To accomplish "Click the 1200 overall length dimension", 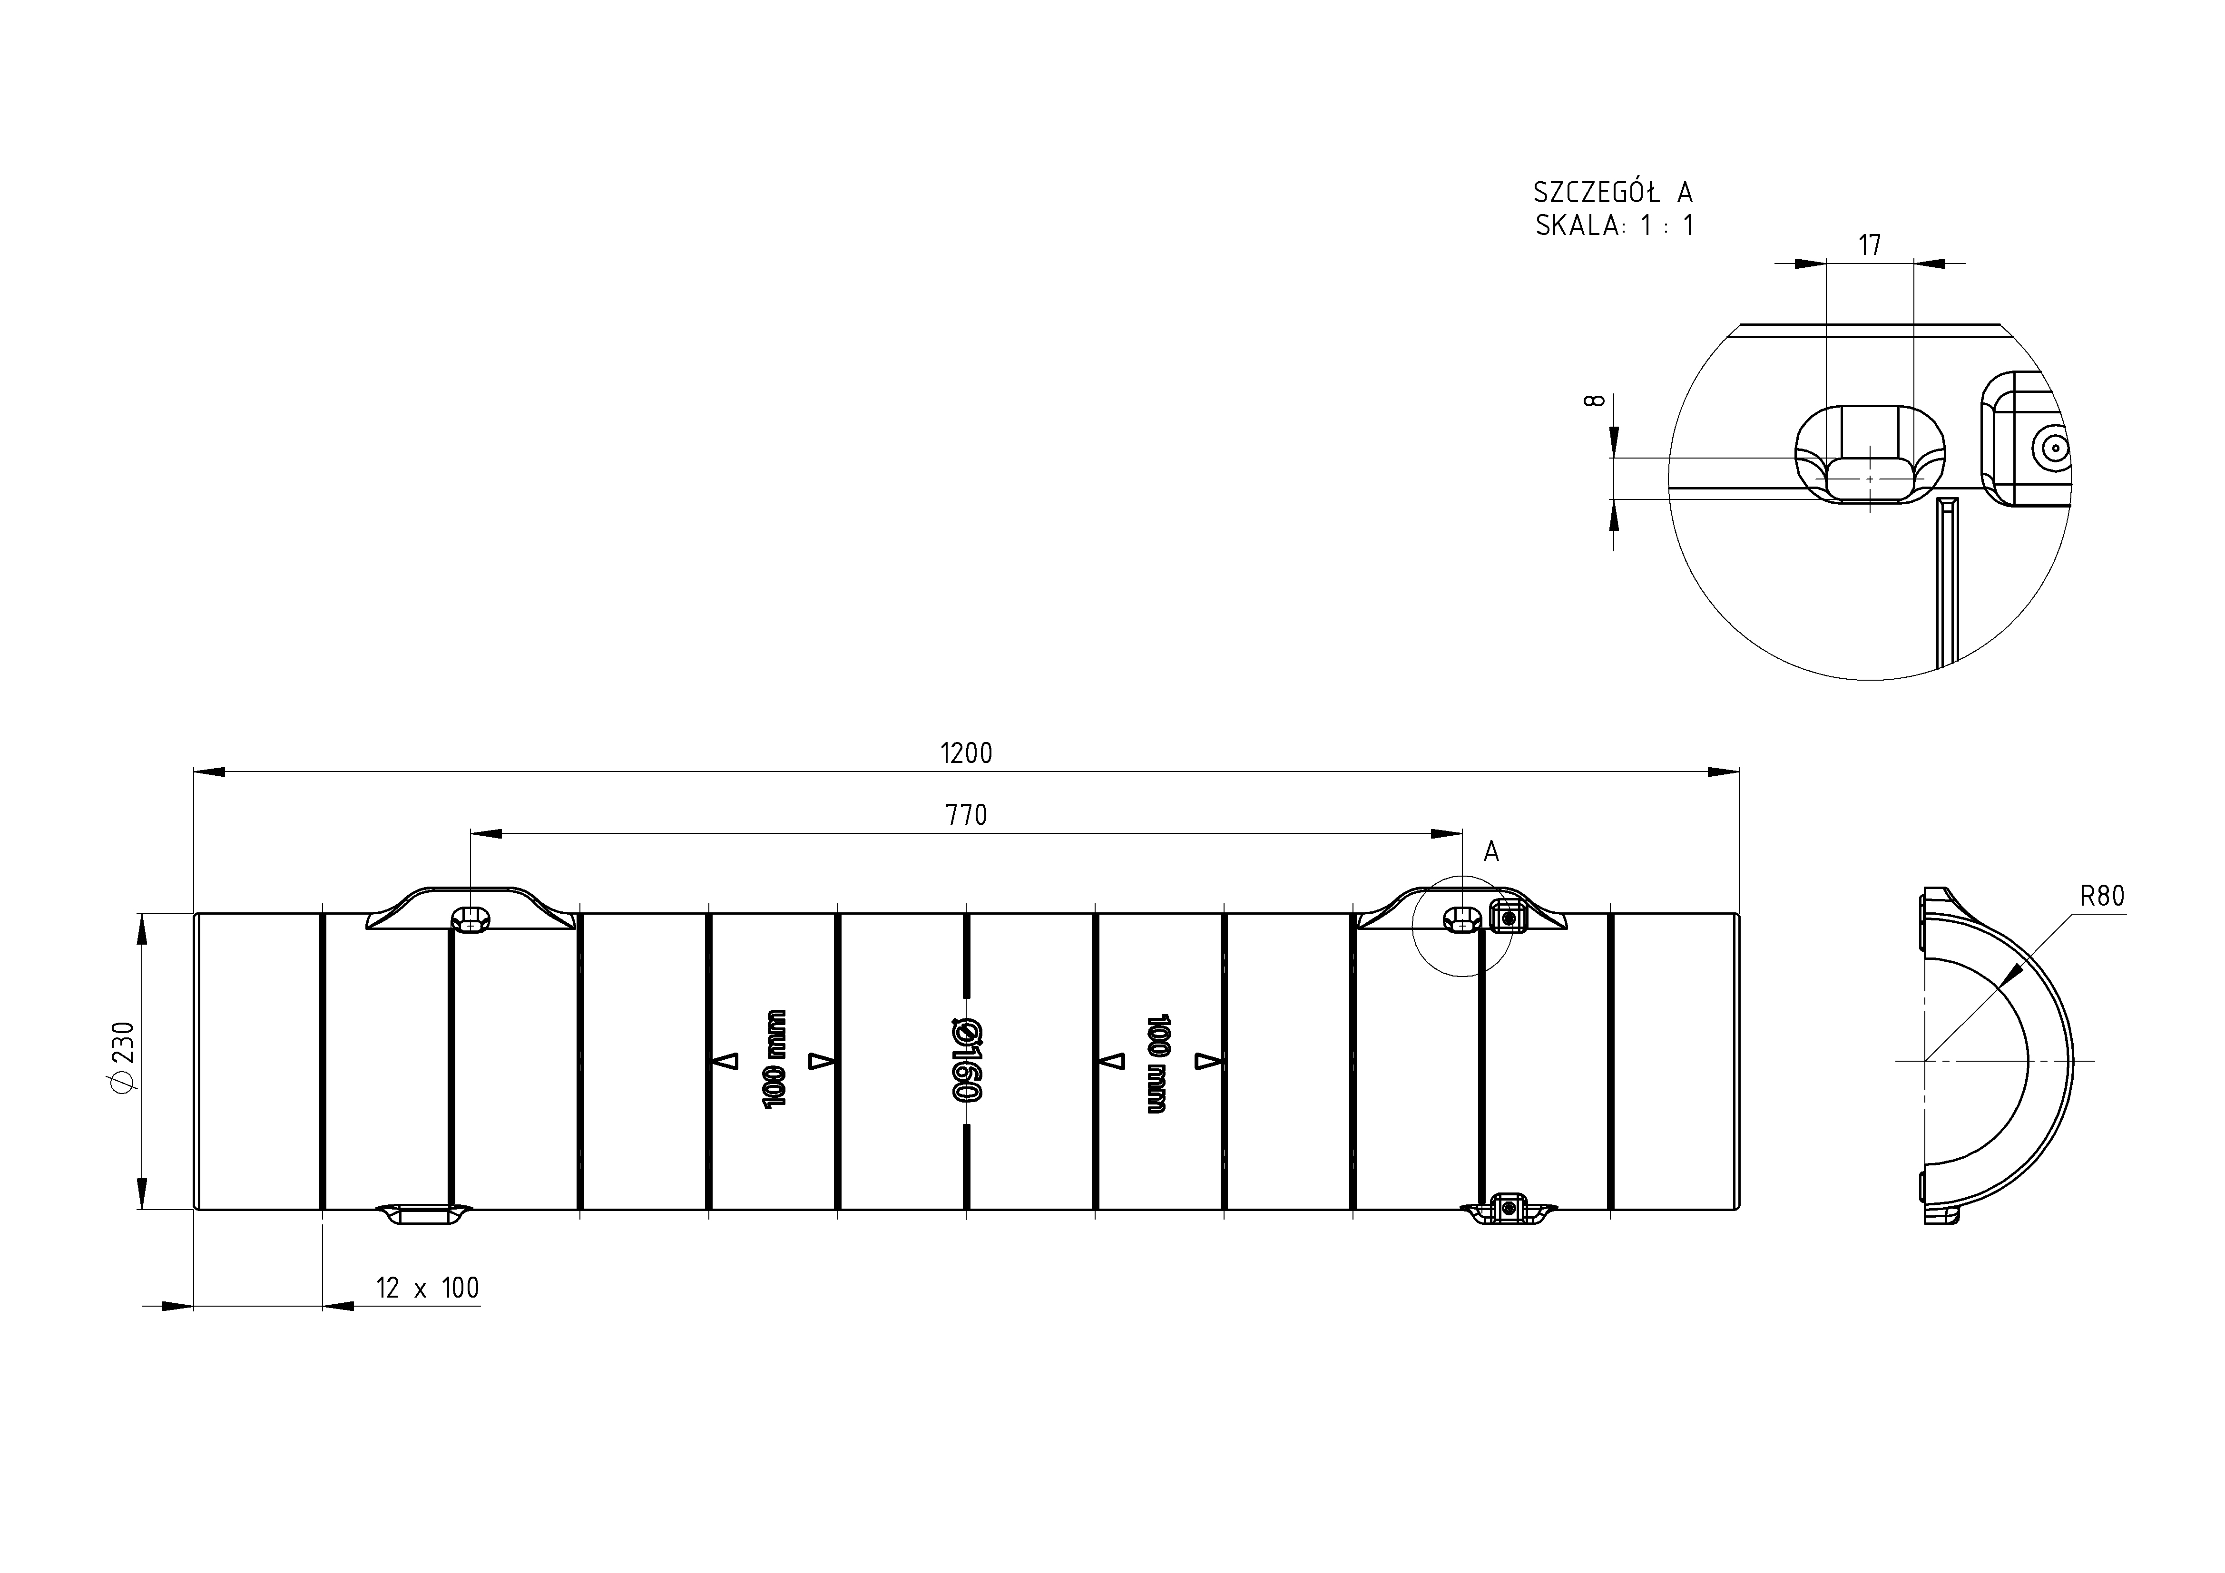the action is [x=966, y=753].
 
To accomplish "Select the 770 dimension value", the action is [x=966, y=815].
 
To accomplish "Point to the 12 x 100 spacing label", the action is [x=427, y=1288].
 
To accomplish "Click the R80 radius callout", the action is [x=2102, y=896].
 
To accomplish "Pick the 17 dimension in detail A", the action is [x=1869, y=245].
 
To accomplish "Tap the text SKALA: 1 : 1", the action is [x=1615, y=226].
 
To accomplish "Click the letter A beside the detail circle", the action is [x=1491, y=852].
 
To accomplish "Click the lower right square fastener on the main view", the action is [x=1507, y=1208].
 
